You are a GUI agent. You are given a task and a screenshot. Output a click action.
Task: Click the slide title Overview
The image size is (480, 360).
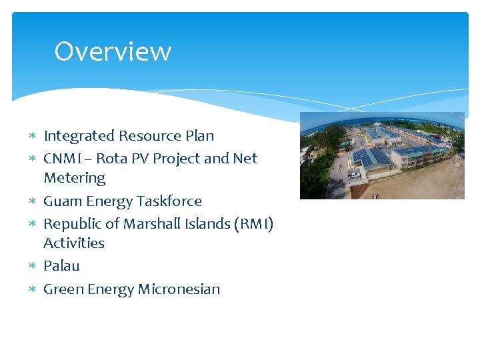(x=113, y=51)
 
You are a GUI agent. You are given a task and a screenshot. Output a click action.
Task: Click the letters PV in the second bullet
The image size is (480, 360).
(x=141, y=159)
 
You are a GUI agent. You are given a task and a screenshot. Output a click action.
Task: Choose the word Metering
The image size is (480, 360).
(x=75, y=178)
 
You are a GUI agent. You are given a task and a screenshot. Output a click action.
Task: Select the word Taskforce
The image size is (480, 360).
(x=169, y=201)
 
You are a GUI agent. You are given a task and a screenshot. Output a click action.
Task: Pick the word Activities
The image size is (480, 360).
(x=74, y=243)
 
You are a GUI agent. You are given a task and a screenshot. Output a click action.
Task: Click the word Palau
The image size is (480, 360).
(x=61, y=266)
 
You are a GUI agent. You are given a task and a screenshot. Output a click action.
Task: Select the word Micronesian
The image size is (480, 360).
(x=179, y=289)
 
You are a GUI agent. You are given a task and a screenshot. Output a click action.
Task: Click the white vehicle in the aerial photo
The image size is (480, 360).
(x=354, y=175)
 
